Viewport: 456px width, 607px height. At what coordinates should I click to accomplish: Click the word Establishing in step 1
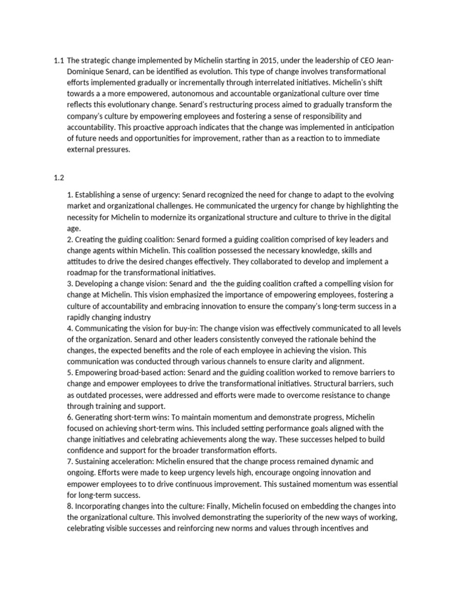tap(98, 194)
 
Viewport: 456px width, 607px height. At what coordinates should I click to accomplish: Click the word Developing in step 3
tap(97, 284)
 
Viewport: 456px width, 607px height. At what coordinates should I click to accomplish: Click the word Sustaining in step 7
tap(95, 462)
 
